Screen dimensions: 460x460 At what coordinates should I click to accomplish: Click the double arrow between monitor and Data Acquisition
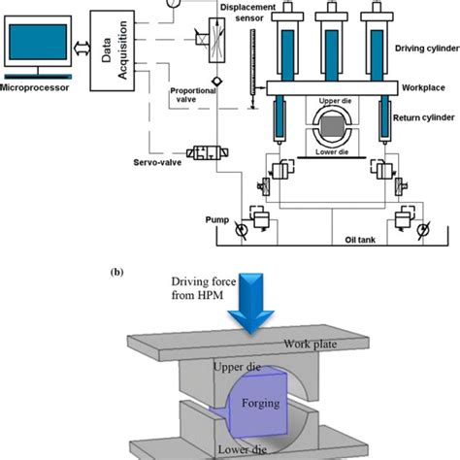tap(82, 46)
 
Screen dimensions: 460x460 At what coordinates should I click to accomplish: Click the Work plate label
tap(311, 345)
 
